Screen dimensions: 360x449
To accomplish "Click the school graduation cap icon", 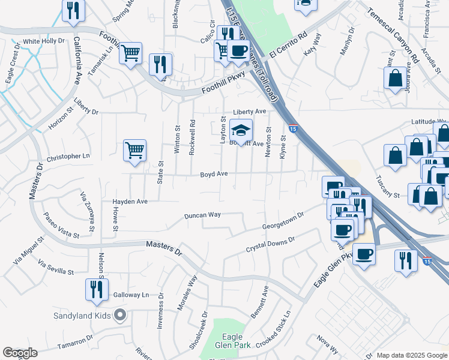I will tap(240, 131).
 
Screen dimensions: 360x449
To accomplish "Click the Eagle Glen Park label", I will tap(232, 341).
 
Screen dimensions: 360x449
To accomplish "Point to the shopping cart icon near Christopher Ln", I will tap(135, 150).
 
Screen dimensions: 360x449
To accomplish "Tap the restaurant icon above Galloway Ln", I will tap(96, 289).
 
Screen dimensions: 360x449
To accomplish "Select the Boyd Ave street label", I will tap(214, 174).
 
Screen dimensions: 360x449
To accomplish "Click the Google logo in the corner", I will tap(20, 353).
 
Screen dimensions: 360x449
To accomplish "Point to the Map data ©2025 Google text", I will tap(412, 355).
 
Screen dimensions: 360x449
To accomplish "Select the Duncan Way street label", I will tap(202, 215).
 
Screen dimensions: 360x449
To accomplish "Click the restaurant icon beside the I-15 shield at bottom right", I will tap(406, 260).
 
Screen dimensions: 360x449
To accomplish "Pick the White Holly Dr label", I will tap(43, 41).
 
